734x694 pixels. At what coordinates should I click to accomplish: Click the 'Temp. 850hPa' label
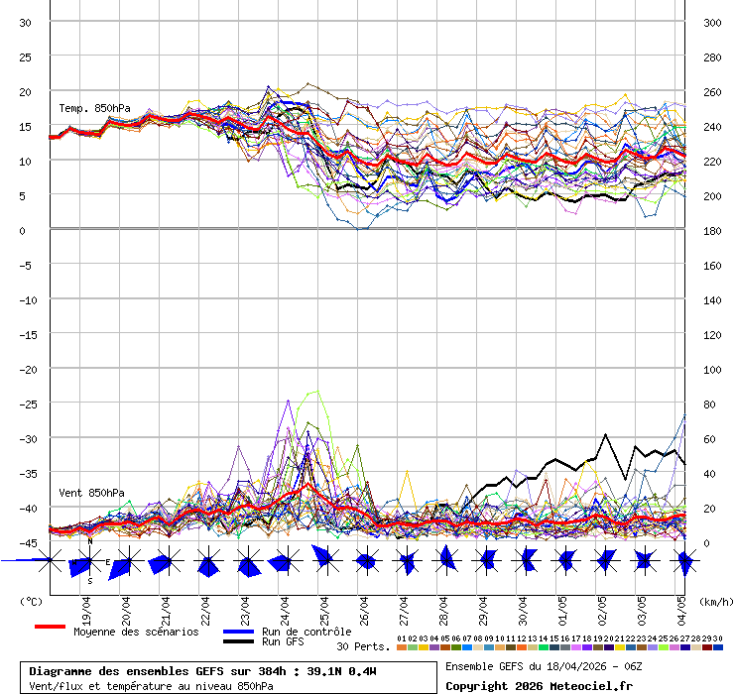click(x=94, y=108)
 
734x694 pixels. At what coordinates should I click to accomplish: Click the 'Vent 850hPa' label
click(x=91, y=493)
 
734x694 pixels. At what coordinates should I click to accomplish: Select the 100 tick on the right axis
click(x=712, y=369)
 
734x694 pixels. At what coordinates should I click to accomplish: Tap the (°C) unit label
click(x=31, y=601)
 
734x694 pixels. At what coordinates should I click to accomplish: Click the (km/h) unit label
click(x=714, y=601)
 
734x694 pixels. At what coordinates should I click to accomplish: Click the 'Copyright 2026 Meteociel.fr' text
click(x=539, y=686)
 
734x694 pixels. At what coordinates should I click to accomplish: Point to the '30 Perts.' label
click(x=363, y=646)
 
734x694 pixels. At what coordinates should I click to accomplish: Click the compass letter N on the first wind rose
click(x=90, y=541)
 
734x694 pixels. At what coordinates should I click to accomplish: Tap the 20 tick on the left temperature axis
click(x=26, y=91)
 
